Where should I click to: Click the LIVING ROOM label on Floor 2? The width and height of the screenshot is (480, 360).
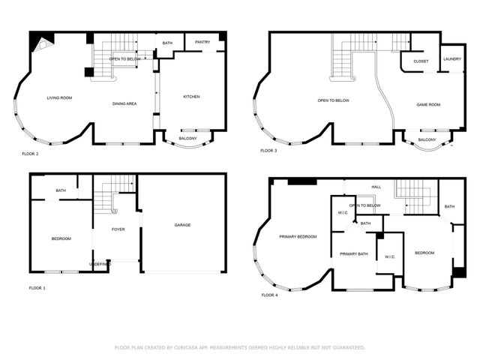pos(59,98)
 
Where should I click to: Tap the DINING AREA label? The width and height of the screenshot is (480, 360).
pos(124,103)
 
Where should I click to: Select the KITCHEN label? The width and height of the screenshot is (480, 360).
pos(190,97)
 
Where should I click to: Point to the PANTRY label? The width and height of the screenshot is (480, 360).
pos(202,42)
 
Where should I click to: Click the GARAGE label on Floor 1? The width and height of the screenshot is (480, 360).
pos(182,225)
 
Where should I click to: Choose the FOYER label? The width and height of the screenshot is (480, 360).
pos(118,229)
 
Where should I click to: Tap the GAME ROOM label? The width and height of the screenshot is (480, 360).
pos(428,105)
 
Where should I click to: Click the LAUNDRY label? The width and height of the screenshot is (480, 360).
pos(451,58)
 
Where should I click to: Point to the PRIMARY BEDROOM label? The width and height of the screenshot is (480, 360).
pos(298,237)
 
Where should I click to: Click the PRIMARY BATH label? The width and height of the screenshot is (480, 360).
pos(353,254)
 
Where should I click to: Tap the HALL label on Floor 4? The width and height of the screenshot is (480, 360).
pos(376,187)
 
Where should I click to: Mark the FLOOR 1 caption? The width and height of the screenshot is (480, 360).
pos(37,288)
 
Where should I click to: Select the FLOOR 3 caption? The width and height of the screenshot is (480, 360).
pos(268,151)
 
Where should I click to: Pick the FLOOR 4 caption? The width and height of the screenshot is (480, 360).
pos(269,295)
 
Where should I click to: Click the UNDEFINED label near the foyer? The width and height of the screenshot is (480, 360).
pos(100,264)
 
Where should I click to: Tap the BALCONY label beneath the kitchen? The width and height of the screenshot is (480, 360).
pos(188,138)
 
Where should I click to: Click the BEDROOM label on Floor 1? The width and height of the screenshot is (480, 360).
pos(61,238)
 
